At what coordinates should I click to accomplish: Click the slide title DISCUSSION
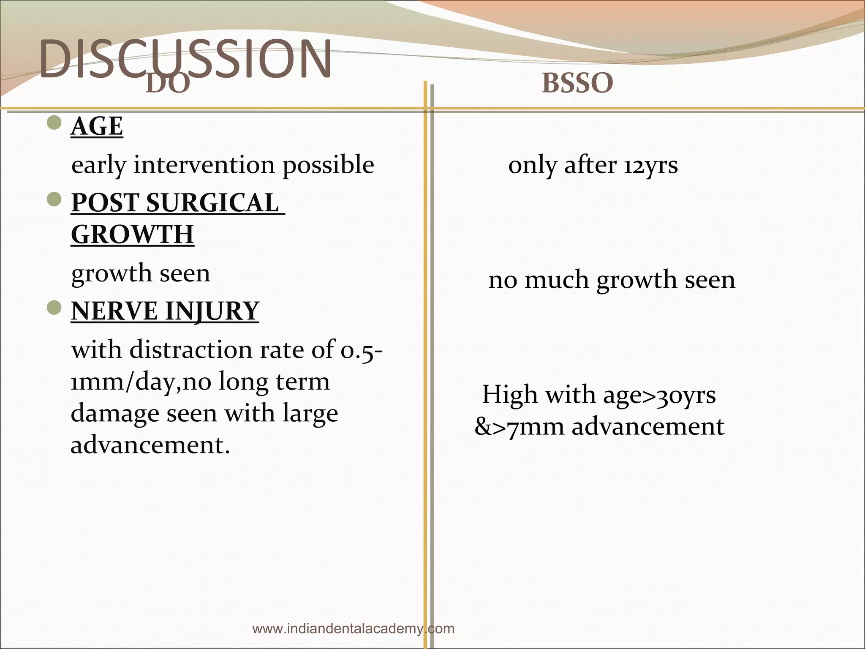point(185,59)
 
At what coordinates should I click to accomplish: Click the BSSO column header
point(577,83)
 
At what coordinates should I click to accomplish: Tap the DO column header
point(168,85)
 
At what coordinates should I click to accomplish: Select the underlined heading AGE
point(97,126)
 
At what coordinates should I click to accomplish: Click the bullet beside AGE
point(54,123)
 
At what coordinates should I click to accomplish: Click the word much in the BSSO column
point(557,280)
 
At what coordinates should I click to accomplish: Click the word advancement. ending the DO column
point(150,444)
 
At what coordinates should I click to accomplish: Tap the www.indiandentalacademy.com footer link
point(353,628)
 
